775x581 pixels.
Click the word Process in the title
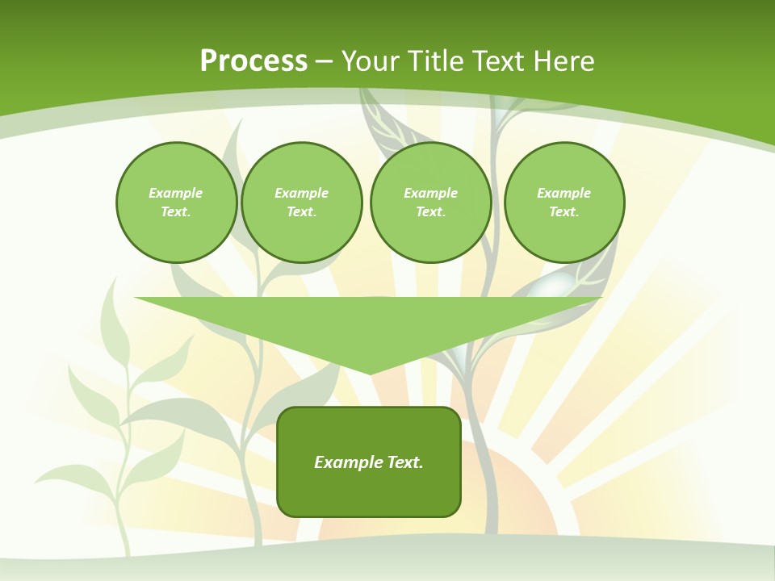point(253,61)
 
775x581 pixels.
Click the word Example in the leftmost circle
point(176,193)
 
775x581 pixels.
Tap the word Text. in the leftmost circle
point(176,211)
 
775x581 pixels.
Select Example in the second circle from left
point(301,193)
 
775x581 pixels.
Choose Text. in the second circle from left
point(301,211)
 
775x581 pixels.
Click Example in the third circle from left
point(430,193)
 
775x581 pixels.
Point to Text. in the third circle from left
point(430,211)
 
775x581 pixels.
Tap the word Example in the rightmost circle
point(563,193)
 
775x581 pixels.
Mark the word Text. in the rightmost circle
point(563,211)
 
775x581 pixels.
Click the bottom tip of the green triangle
point(369,372)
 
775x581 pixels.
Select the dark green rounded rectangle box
point(369,492)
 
